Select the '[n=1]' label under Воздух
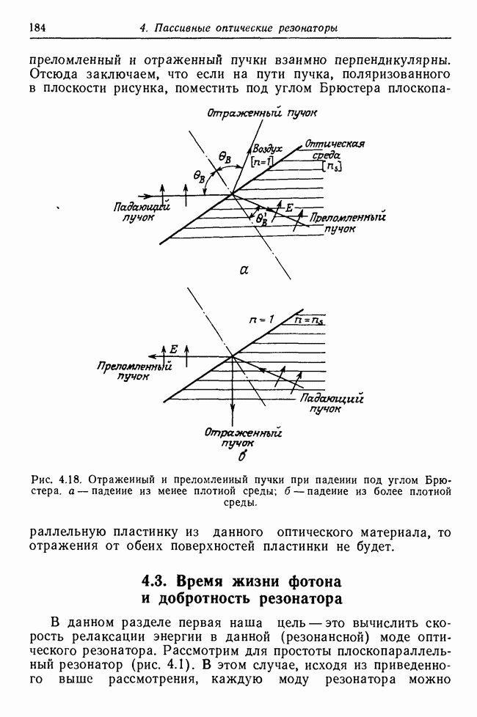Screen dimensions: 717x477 coord(263,161)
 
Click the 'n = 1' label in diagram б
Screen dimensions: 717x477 coord(261,320)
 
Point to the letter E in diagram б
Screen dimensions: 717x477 coord(174,349)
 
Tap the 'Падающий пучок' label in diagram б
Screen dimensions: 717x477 coord(332,404)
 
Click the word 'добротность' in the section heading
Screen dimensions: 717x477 coord(202,599)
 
